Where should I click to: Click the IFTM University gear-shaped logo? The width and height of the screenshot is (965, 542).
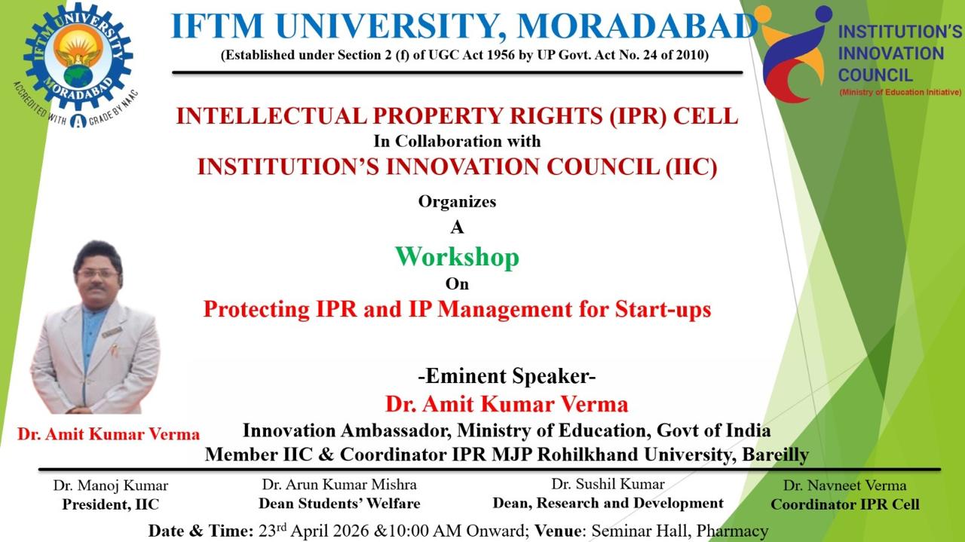point(78,57)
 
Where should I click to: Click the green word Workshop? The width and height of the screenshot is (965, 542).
point(457,257)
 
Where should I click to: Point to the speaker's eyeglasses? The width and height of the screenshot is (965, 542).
point(97,273)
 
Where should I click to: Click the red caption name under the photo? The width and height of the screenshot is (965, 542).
point(109,434)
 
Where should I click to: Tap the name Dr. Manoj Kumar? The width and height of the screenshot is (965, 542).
point(110,485)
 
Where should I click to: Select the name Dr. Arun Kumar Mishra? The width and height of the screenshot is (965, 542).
point(339,484)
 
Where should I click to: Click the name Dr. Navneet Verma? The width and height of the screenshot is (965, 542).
point(844,485)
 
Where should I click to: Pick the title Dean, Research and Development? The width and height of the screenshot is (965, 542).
point(608,503)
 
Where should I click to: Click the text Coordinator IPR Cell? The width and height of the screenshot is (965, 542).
point(844,504)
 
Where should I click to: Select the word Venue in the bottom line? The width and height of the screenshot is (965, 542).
point(559,531)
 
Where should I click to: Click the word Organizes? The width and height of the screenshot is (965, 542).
point(457,201)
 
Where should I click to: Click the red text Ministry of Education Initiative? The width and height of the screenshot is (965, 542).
point(900,92)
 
